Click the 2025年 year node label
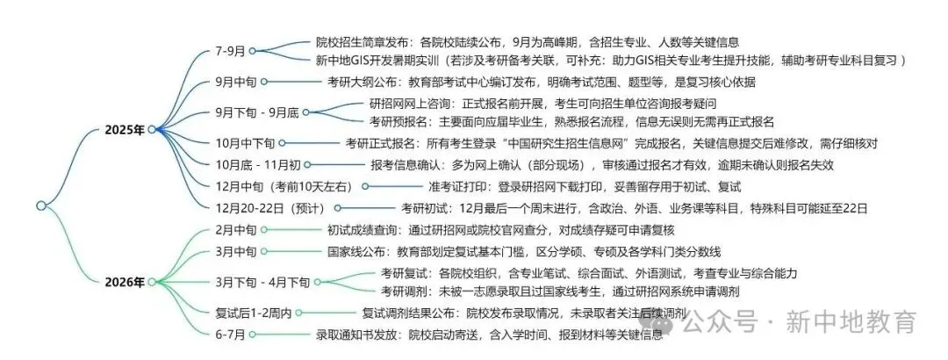click(126, 129)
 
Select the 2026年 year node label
click(126, 282)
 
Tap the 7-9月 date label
click(231, 51)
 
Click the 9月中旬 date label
click(236, 83)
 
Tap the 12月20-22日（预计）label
click(270, 208)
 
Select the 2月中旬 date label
click(236, 230)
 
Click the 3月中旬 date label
click(236, 252)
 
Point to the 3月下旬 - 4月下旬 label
click(262, 282)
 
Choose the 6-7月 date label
click(231, 335)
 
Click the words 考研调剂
click(405, 291)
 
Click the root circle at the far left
click(40, 205)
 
